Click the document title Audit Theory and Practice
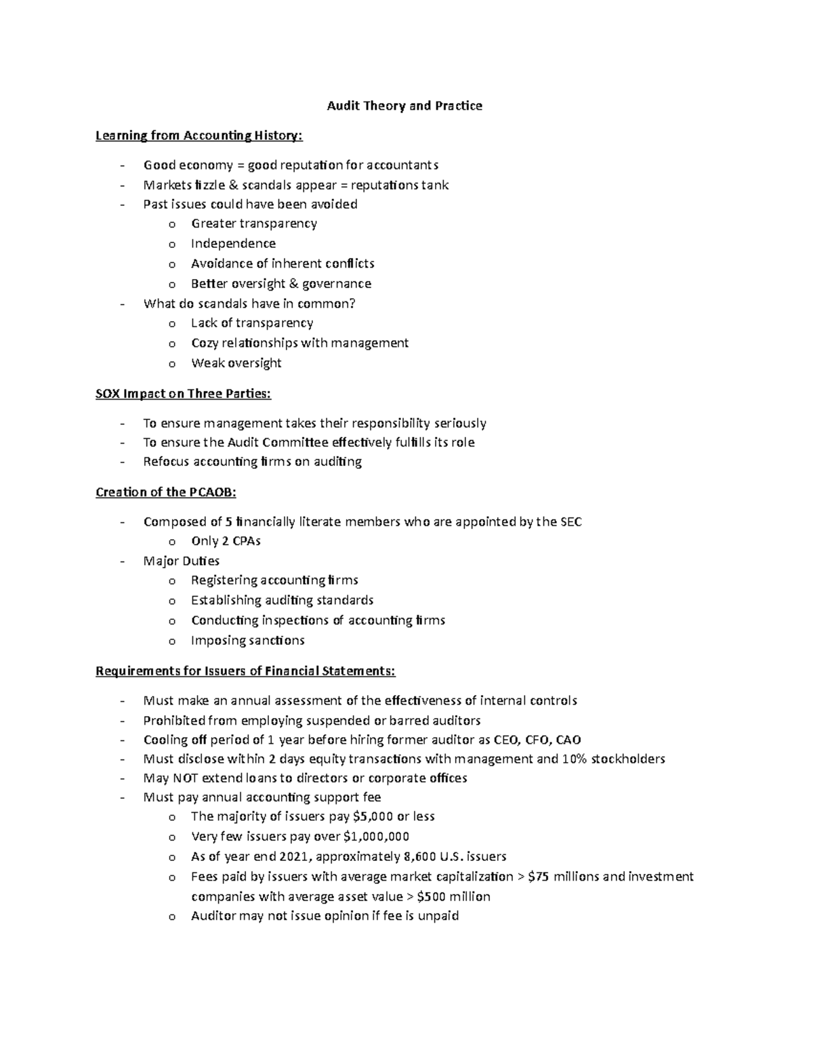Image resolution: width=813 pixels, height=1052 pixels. [x=404, y=106]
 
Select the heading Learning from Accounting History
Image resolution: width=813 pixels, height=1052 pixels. [x=199, y=135]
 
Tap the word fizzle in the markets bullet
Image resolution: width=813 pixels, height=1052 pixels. [x=209, y=185]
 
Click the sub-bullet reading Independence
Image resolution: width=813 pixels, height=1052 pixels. [x=233, y=243]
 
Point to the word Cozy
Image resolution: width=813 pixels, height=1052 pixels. [x=204, y=343]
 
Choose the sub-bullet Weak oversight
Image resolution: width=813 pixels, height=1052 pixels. [x=236, y=363]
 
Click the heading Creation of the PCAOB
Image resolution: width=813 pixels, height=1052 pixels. [x=166, y=492]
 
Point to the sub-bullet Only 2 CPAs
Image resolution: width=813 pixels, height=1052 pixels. [x=226, y=541]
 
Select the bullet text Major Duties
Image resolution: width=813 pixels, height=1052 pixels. [x=181, y=561]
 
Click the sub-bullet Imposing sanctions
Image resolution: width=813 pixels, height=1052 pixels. [x=247, y=640]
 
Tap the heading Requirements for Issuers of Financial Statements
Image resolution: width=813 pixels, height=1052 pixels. [x=245, y=671]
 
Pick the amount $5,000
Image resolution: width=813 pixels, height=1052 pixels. [x=373, y=816]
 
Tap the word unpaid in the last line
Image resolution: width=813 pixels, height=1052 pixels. [x=438, y=916]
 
